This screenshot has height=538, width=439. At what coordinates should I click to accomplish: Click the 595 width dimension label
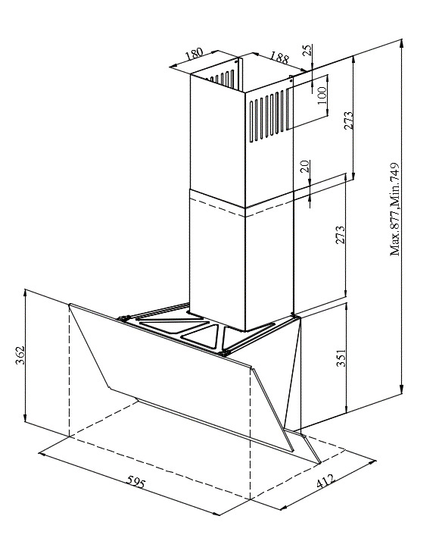click(136, 482)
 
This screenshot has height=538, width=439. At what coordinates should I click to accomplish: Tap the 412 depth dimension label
click(325, 480)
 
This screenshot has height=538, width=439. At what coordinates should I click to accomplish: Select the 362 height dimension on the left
click(20, 355)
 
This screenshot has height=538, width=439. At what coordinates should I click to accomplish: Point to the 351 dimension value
click(341, 358)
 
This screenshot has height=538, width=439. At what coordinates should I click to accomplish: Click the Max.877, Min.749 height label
click(395, 209)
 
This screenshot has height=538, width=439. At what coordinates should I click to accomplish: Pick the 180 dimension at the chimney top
click(194, 54)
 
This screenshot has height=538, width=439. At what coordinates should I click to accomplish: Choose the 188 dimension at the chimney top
click(279, 58)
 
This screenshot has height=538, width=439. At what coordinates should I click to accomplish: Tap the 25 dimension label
click(308, 50)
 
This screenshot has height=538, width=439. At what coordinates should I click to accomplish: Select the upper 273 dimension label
click(348, 120)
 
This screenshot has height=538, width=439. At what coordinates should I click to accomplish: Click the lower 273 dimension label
click(340, 235)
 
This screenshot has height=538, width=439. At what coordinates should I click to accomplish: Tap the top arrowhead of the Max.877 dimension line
click(402, 44)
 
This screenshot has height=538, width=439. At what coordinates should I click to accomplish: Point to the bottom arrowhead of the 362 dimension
click(25, 418)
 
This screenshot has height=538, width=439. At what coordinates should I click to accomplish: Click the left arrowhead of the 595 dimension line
click(42, 455)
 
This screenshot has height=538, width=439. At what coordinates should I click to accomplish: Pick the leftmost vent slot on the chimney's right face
click(251, 121)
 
